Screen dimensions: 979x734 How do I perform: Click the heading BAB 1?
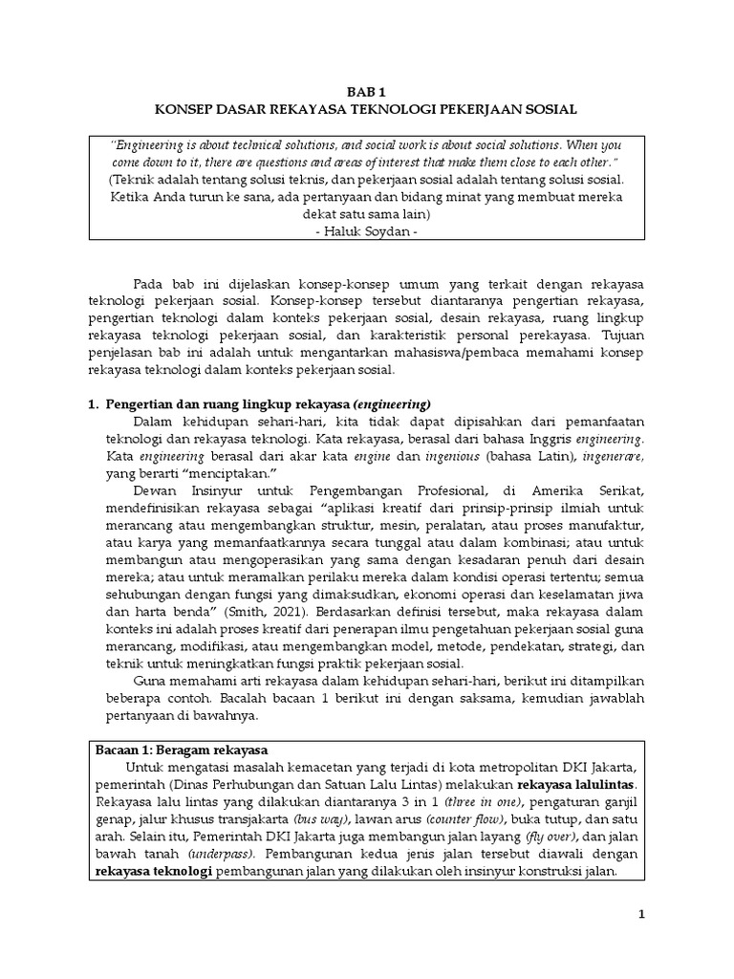point(368,92)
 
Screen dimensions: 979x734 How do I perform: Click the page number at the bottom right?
point(642,914)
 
